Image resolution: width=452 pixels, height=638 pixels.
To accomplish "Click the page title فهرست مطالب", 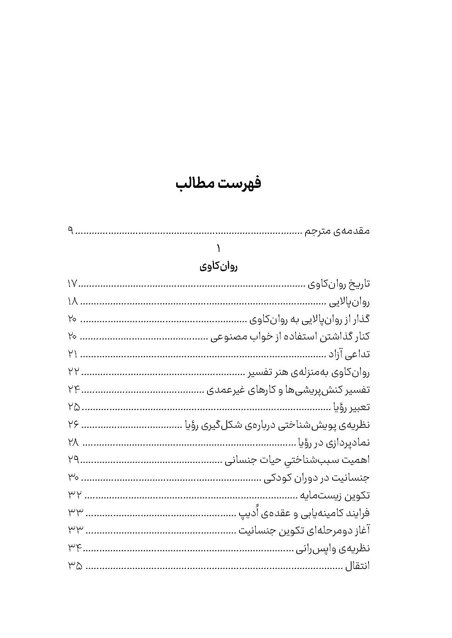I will point(219,183).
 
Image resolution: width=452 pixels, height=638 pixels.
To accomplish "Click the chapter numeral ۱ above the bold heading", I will point(219,248).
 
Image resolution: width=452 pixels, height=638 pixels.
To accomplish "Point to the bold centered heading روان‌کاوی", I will point(219,267).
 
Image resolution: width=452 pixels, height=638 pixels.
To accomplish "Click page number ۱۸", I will point(73,302).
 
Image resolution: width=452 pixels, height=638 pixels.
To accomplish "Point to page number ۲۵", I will point(73,407).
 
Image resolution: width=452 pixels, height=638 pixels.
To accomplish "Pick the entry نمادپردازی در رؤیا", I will point(333,442).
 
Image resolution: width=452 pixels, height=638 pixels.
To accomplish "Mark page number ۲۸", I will point(73,442).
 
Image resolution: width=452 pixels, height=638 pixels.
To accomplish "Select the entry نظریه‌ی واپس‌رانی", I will point(333,548).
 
